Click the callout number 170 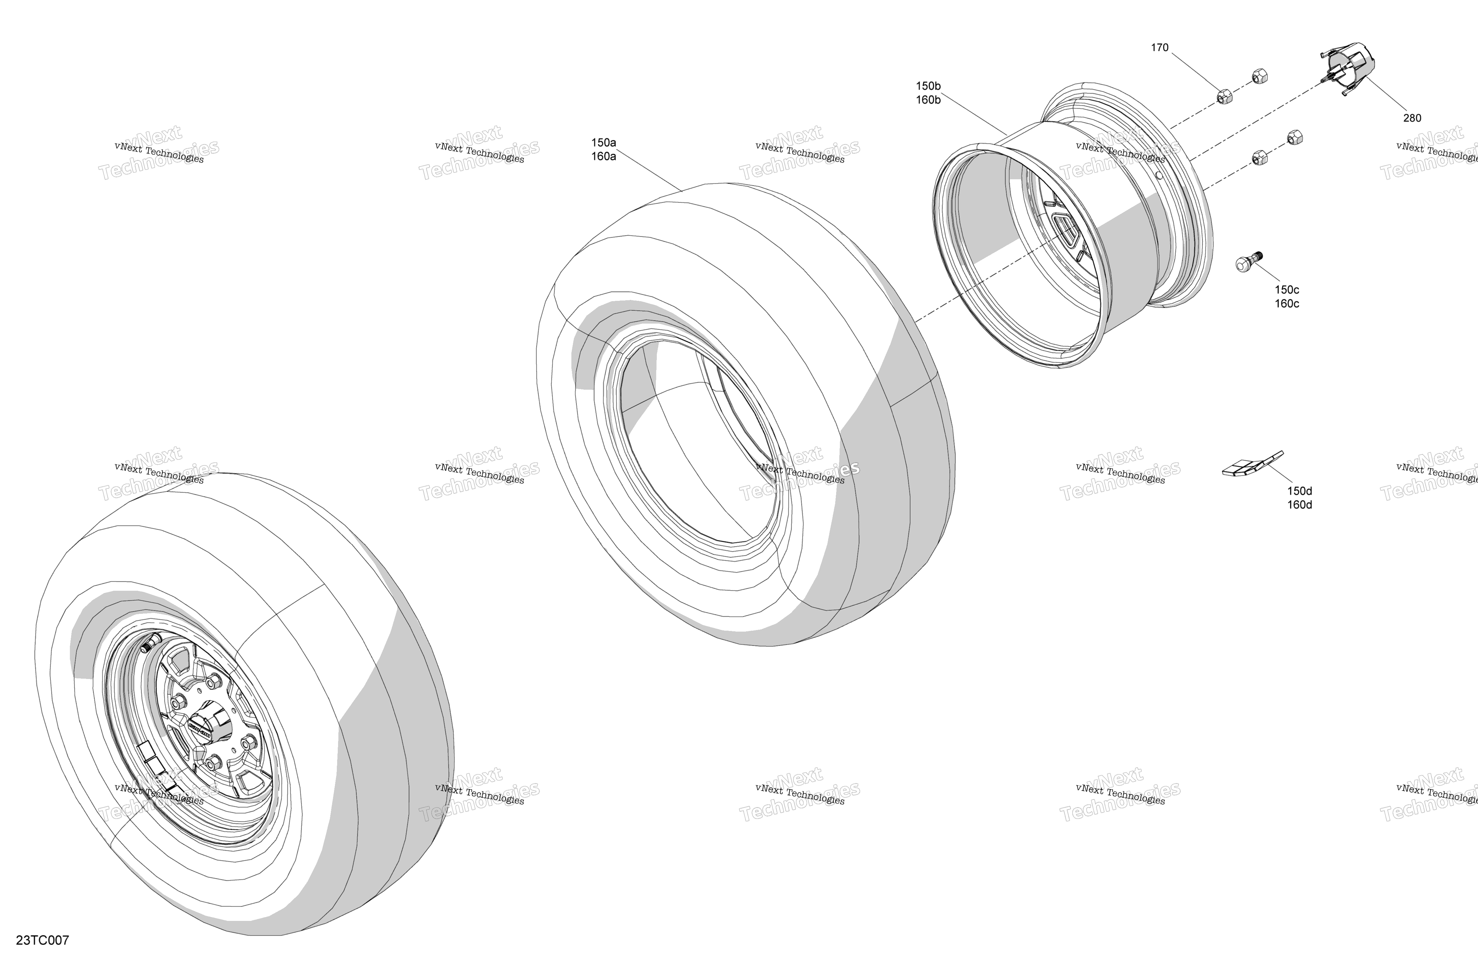(1160, 48)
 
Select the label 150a (603, 143)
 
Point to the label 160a (603, 156)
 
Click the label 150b (928, 86)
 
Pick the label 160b (928, 100)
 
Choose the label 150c (1287, 290)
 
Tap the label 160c (1287, 304)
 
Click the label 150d (1299, 491)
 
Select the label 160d (1299, 505)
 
